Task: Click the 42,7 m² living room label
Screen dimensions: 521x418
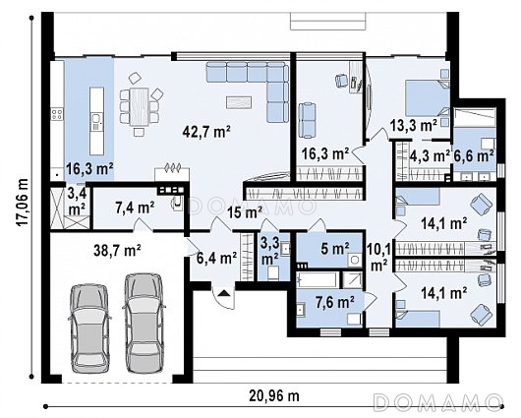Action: click(206, 132)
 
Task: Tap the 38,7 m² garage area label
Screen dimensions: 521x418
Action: click(117, 250)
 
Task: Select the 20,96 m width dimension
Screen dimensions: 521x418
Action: click(274, 395)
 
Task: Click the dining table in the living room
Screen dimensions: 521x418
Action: click(139, 106)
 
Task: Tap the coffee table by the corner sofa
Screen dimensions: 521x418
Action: click(239, 101)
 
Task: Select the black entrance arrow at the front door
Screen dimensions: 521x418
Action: click(224, 293)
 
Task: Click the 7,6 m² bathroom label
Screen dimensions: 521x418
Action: click(333, 302)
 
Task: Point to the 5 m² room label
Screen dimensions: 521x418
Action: click(335, 248)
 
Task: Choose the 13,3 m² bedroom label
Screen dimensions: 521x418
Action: click(413, 125)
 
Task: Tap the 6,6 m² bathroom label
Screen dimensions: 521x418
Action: click(474, 155)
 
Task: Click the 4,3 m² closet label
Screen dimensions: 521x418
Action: click(430, 155)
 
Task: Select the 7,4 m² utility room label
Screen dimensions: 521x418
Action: click(135, 208)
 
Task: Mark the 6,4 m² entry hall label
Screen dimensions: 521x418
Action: click(216, 258)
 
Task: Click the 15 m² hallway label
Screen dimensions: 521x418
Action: click(245, 212)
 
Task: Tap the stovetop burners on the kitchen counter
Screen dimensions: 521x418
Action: click(57, 114)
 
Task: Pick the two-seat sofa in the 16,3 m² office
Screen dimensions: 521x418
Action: click(307, 120)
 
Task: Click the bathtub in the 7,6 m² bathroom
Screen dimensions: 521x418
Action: click(318, 279)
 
